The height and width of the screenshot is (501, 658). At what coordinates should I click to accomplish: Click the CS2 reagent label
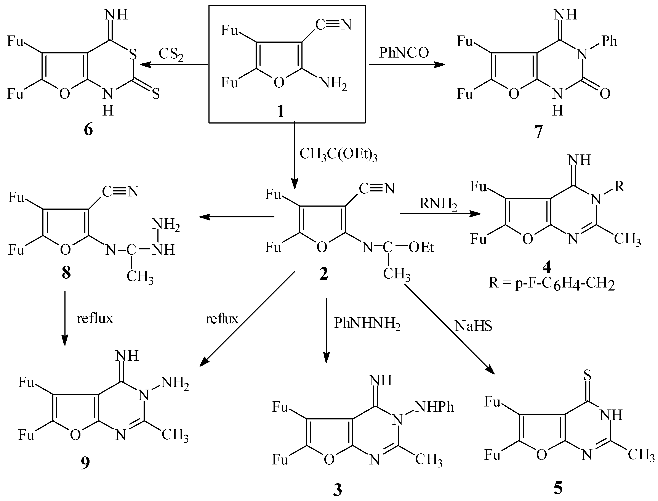(171, 55)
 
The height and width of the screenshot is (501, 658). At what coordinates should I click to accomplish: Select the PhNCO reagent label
(404, 53)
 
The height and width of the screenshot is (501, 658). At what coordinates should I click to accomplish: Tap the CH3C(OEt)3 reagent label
(338, 154)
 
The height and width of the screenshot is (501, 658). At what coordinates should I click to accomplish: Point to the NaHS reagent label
(473, 326)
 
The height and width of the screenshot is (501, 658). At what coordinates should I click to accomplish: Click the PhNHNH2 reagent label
(367, 323)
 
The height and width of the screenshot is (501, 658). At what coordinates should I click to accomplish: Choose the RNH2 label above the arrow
(438, 204)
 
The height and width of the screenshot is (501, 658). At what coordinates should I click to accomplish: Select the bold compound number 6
(88, 130)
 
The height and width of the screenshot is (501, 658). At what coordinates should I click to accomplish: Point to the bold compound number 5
(558, 488)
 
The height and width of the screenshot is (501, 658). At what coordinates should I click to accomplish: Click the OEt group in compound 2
(421, 247)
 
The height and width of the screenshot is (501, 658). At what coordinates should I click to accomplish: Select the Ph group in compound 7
(609, 41)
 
